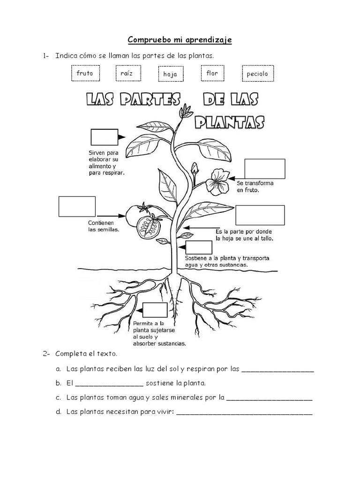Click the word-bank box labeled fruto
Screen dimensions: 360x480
point(85,74)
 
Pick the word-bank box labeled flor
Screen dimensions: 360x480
point(212,74)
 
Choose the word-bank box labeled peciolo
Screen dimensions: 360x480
point(257,74)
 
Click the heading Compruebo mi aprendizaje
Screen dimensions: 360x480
point(180,40)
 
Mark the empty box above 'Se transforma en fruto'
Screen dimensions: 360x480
point(265,169)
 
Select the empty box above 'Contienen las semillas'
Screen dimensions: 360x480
point(77,206)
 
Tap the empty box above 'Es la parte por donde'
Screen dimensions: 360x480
point(260,215)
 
